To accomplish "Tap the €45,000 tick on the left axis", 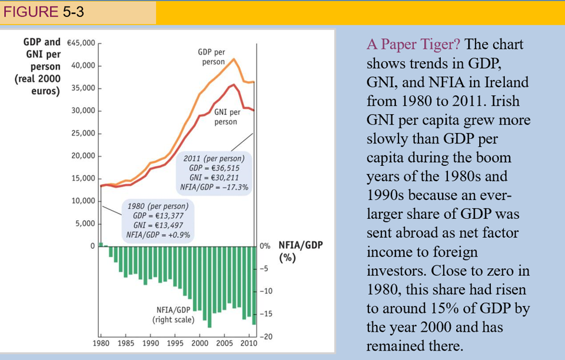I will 81,43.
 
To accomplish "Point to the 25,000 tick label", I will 83,134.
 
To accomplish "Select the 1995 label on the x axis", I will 175,343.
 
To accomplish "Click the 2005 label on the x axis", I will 225,343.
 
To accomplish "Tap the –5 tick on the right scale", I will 265,269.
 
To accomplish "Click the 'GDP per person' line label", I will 211,57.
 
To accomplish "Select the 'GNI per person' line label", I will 225,117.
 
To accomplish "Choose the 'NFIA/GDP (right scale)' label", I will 172,315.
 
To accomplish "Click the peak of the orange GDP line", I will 234,59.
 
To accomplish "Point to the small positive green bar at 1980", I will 101,244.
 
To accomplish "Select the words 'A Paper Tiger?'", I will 414,45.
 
